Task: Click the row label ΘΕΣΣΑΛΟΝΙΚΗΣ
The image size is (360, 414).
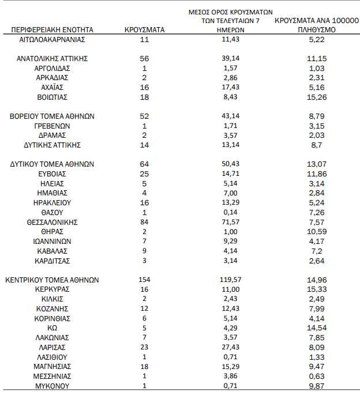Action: [x=52, y=222]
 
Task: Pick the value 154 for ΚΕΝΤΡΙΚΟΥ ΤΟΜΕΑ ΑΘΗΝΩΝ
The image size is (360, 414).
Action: [x=144, y=280]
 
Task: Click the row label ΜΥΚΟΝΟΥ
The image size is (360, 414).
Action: [x=52, y=386]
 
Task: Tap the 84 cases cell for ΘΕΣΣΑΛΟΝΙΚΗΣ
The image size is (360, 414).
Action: [x=144, y=222]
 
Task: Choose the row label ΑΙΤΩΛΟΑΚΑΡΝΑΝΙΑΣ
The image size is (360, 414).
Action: [x=52, y=39]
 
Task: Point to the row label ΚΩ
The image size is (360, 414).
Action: [x=52, y=328]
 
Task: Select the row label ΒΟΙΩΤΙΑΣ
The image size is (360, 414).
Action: [x=52, y=97]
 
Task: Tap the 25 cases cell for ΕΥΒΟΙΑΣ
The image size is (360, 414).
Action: [x=144, y=174]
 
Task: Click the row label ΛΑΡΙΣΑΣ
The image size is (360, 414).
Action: [x=52, y=347]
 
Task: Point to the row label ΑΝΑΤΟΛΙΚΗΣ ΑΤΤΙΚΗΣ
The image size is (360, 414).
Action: [x=52, y=58]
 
